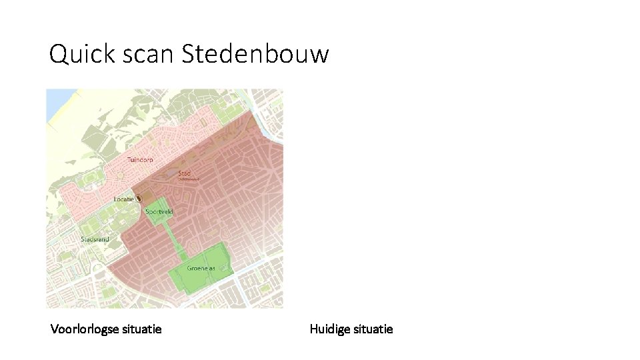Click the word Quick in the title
click(x=73, y=54)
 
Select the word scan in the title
click(x=139, y=54)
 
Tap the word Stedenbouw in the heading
click(x=255, y=54)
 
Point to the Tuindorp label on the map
click(x=140, y=160)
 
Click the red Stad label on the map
click(x=185, y=173)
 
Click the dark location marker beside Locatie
click(x=139, y=199)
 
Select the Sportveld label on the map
click(x=159, y=211)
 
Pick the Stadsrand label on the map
click(x=95, y=239)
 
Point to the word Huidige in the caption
click(x=330, y=329)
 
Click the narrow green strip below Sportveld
click(x=175, y=237)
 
